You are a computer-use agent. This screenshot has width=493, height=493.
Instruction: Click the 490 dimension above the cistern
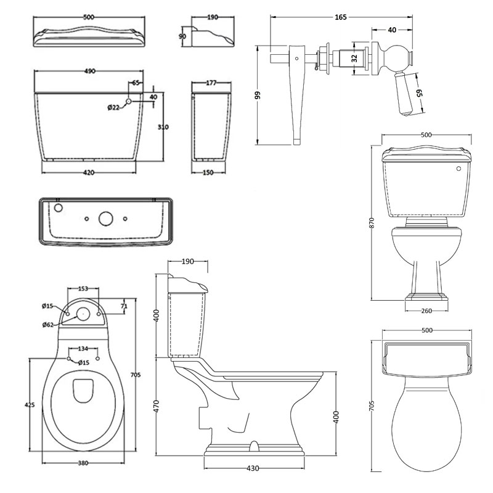(89, 72)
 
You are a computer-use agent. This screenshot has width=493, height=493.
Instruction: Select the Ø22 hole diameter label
(113, 108)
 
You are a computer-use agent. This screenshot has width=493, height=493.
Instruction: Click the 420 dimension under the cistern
(89, 173)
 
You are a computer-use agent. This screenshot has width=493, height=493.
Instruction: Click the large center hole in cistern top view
(105, 218)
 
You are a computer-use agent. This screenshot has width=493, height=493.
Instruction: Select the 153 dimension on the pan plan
(84, 288)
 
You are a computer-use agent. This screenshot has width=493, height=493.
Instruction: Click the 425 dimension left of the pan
(30, 405)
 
